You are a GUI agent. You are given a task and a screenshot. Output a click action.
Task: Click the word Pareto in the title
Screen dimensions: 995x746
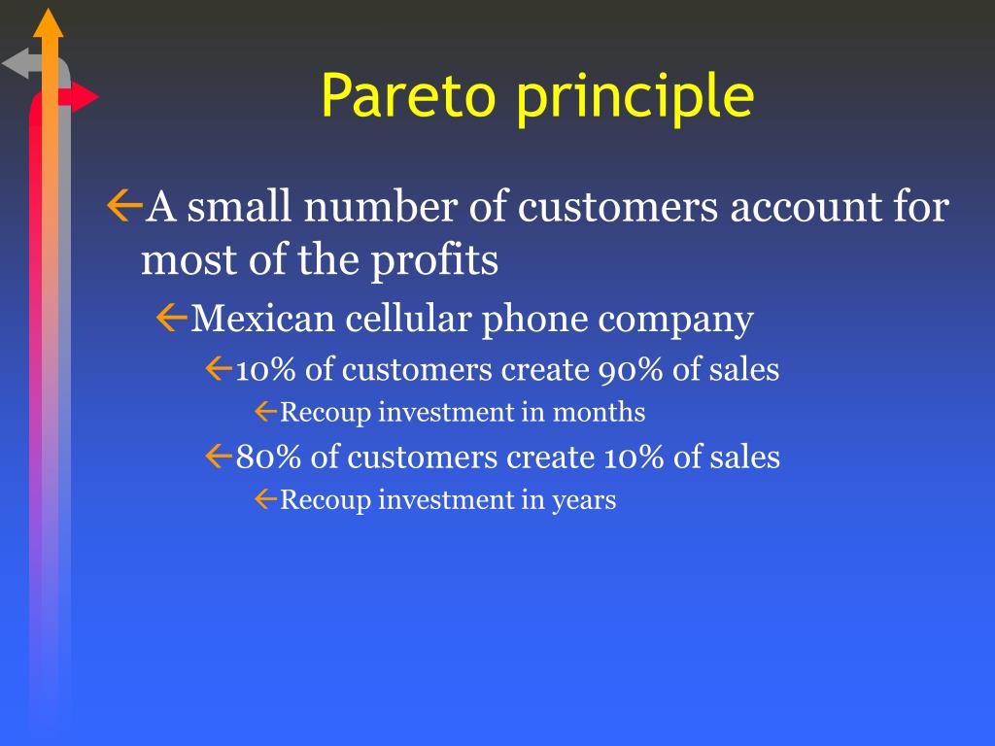click(408, 95)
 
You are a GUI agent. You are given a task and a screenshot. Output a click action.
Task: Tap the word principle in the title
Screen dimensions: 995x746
click(635, 98)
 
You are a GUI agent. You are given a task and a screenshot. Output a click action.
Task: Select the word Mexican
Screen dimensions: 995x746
click(262, 318)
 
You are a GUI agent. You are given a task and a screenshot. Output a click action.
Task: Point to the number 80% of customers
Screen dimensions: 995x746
click(268, 457)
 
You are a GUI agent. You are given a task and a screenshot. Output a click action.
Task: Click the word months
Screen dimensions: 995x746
click(599, 412)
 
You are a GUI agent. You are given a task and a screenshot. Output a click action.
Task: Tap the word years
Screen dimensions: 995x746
click(584, 501)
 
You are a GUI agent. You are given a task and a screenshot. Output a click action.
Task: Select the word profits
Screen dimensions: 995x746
click(434, 261)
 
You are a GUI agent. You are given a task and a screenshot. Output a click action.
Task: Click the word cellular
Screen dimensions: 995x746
click(409, 318)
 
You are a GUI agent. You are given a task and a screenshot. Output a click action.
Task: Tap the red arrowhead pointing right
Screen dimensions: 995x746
click(85, 97)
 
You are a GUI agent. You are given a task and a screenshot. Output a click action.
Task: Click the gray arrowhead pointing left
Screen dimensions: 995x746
click(16, 63)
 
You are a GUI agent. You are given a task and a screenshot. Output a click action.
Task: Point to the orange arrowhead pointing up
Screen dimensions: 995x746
click(49, 23)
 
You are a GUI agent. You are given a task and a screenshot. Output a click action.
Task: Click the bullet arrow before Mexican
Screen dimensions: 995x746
click(171, 318)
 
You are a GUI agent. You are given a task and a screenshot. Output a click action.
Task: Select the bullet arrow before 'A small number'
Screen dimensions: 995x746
click(124, 206)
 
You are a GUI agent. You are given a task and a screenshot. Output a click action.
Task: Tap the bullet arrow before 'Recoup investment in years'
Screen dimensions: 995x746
click(266, 499)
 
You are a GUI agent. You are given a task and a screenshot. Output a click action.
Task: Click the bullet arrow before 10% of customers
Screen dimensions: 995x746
click(219, 368)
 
